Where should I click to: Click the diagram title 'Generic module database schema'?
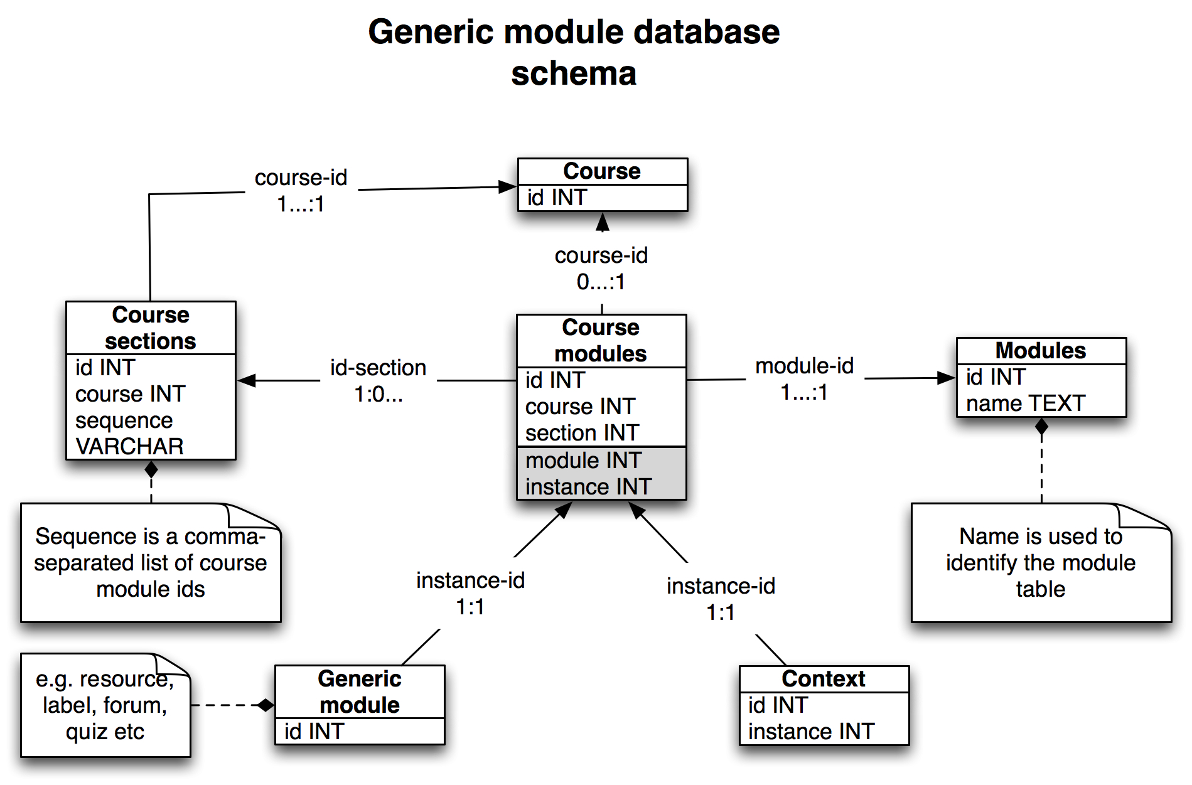click(573, 52)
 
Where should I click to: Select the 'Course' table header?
click(602, 171)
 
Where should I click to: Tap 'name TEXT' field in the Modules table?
click(1025, 403)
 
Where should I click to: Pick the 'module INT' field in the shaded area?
click(583, 461)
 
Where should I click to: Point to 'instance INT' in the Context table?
click(811, 732)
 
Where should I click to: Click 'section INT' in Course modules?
click(582, 433)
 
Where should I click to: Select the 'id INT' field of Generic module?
click(314, 732)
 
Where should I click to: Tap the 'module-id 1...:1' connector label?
click(804, 379)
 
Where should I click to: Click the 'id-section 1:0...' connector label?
click(378, 380)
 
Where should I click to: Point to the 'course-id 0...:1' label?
click(601, 269)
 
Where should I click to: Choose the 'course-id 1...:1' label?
click(301, 191)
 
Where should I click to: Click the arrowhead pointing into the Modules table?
click(946, 378)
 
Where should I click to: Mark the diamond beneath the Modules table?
click(1041, 427)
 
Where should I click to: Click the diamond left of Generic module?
click(266, 705)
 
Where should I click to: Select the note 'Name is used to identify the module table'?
click(1041, 563)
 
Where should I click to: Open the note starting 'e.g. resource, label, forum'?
click(105, 705)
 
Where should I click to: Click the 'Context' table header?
click(823, 679)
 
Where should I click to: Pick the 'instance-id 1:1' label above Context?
click(721, 599)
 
